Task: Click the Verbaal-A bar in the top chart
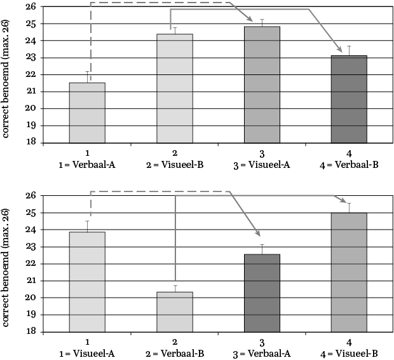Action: [87, 113]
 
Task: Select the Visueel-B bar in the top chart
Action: [174, 88]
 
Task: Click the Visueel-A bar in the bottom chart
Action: [87, 282]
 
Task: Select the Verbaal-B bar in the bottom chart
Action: [174, 312]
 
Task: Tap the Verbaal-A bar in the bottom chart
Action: [262, 293]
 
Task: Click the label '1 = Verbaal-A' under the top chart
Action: [87, 165]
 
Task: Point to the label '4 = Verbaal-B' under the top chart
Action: [349, 165]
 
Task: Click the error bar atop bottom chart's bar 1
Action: [87, 226]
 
